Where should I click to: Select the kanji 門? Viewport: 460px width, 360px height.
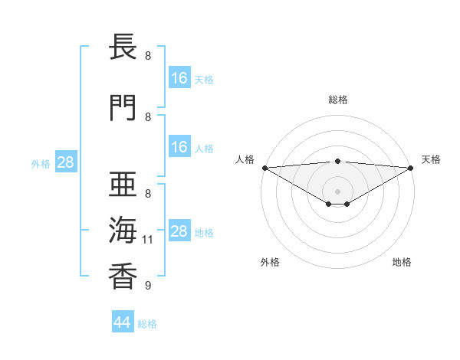(123, 109)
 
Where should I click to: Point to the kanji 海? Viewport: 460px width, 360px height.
(123, 231)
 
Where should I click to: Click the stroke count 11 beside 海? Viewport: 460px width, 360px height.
(148, 240)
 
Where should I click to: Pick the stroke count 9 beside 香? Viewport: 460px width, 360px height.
(147, 286)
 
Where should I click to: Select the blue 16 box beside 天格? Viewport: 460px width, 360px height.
(179, 78)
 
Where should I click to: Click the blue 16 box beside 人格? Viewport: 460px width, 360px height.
(179, 147)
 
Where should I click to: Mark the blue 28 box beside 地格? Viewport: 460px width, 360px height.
(179, 231)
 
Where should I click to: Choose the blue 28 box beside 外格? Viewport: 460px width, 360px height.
(65, 162)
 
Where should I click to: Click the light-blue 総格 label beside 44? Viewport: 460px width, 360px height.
(148, 324)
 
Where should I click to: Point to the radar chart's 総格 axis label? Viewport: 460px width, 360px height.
(338, 100)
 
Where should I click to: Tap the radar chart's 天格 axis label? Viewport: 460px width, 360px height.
(432, 159)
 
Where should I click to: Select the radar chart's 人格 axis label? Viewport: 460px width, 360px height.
(245, 159)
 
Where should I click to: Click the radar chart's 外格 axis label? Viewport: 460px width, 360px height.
(270, 262)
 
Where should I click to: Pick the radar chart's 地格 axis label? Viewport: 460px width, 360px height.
(402, 262)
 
